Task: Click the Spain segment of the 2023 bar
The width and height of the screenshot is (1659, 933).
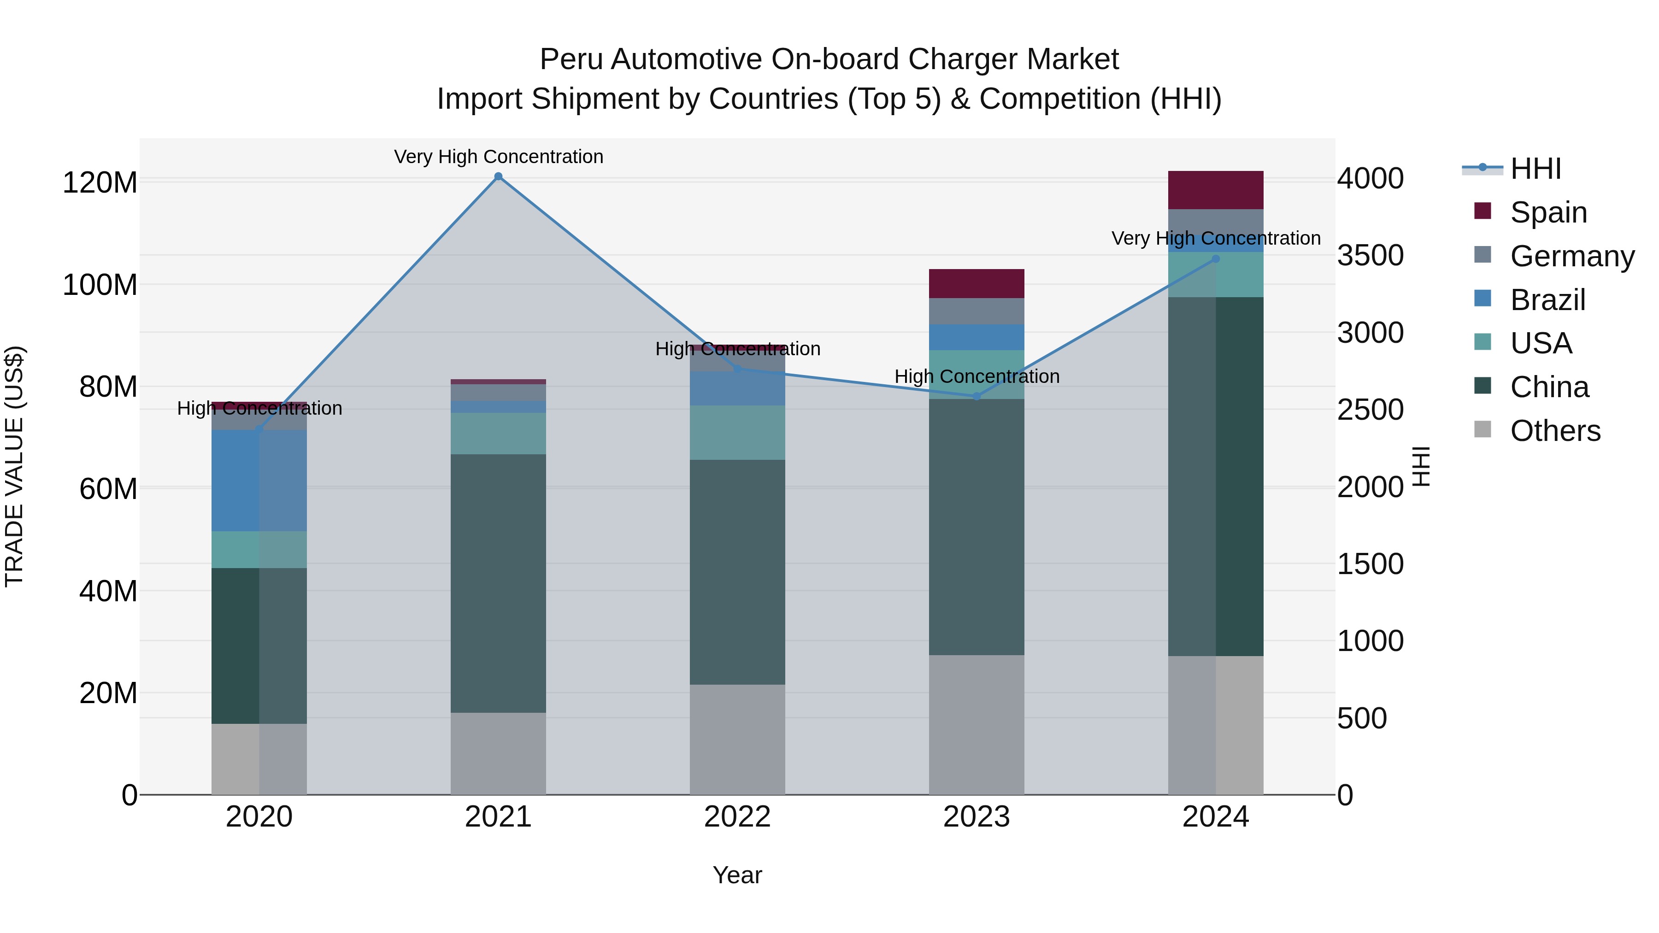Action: (x=977, y=283)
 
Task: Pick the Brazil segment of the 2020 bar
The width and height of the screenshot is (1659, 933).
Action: (x=259, y=481)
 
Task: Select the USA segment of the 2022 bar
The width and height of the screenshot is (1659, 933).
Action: (x=737, y=432)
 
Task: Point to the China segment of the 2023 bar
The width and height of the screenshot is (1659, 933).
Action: (x=977, y=527)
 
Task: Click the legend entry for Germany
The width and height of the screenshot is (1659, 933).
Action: (x=1571, y=256)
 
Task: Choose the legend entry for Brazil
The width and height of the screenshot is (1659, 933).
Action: (x=1547, y=300)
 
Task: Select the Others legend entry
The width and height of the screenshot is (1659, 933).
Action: (x=1555, y=431)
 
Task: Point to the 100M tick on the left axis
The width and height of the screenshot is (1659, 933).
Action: (x=100, y=285)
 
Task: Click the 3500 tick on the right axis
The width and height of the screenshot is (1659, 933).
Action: (x=1370, y=256)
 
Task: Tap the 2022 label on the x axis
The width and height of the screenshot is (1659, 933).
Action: (x=737, y=817)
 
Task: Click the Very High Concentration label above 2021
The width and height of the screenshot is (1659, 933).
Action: (x=499, y=157)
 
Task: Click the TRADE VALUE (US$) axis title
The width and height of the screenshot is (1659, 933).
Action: (x=14, y=466)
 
